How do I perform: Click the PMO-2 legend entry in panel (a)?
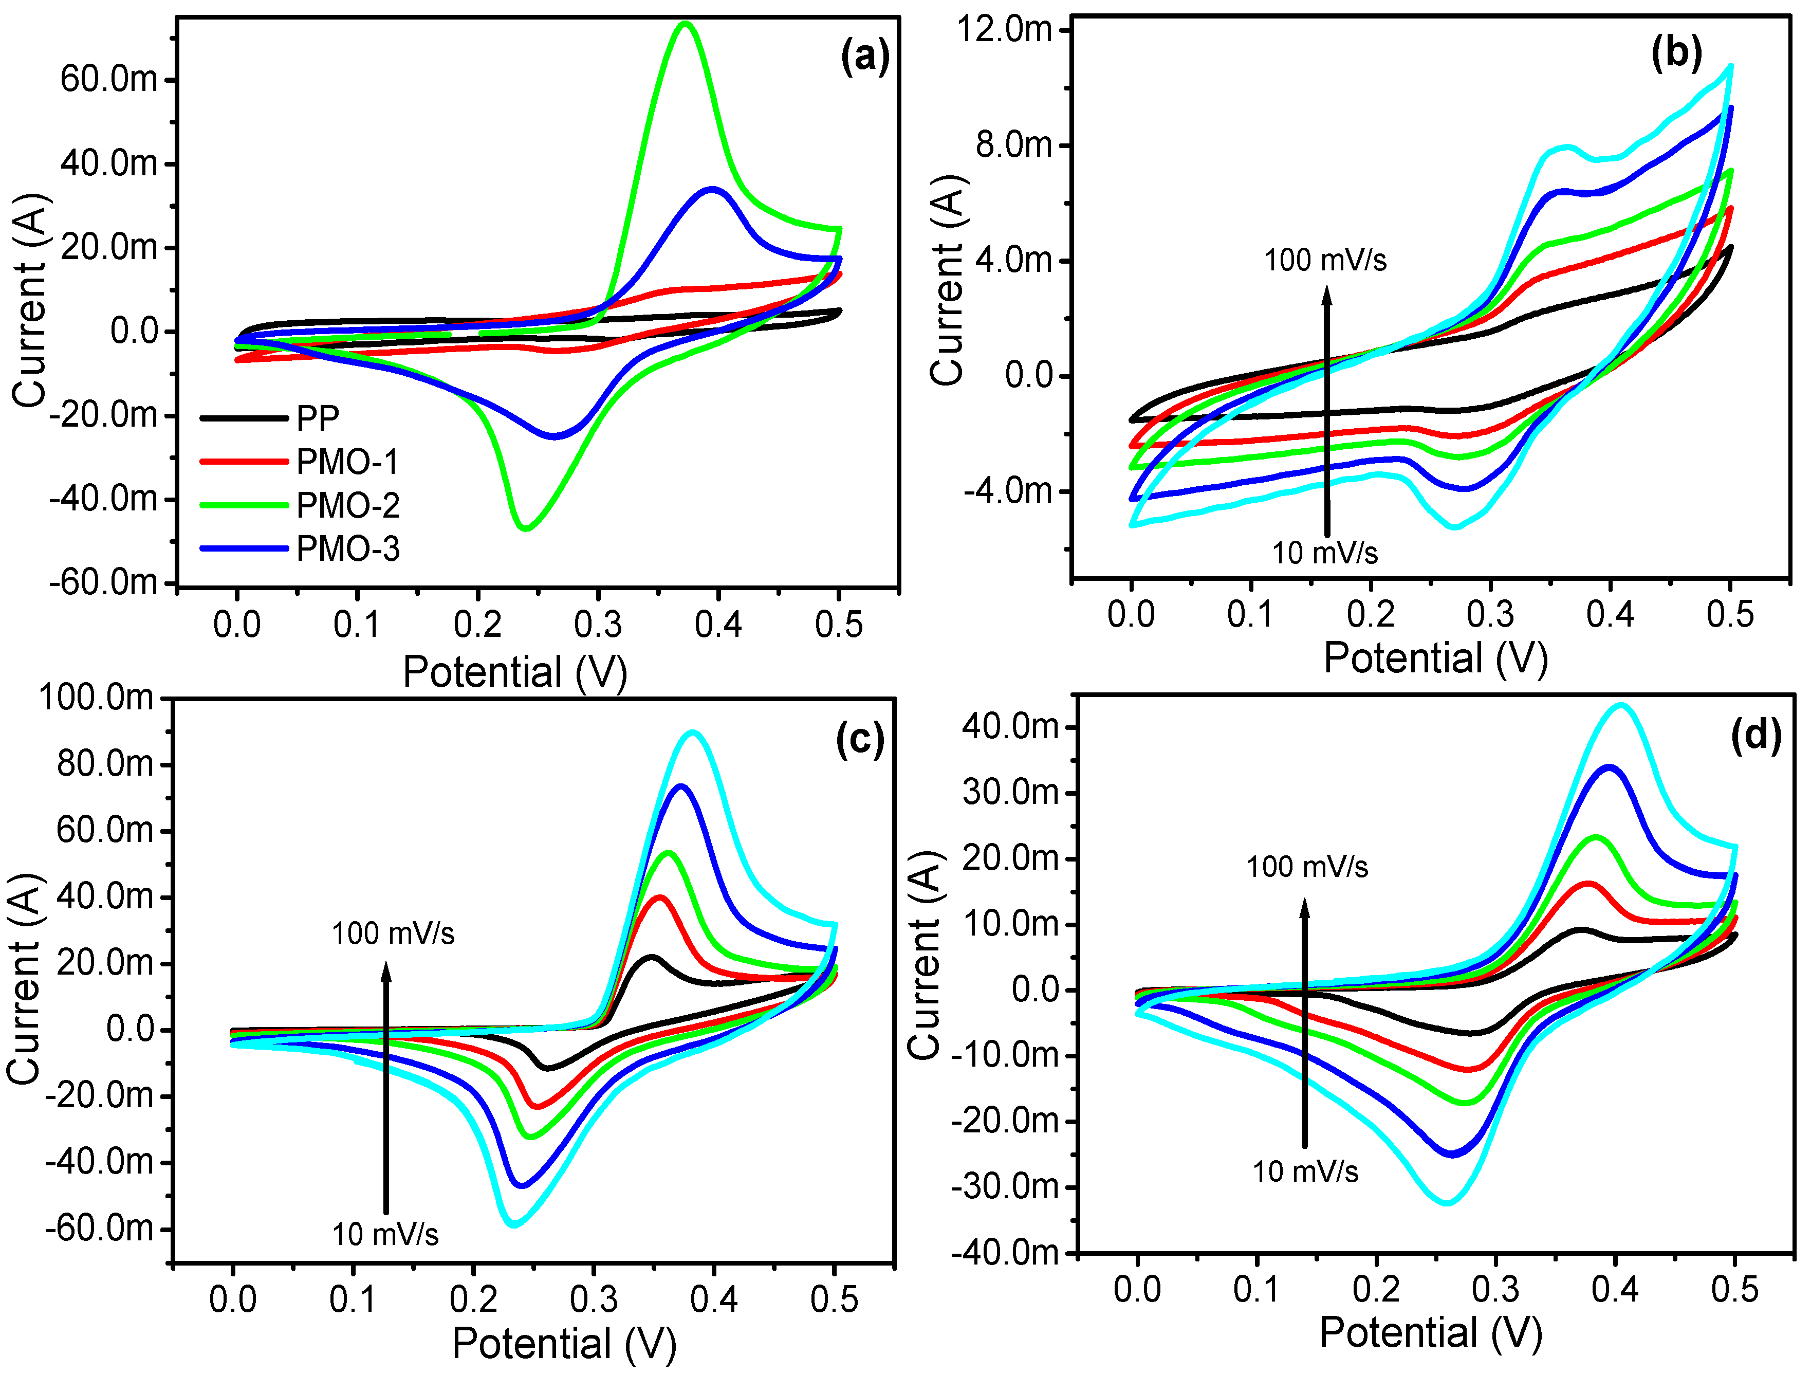tap(347, 506)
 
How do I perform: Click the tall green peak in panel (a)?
tap(685, 25)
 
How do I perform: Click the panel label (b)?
tap(1676, 54)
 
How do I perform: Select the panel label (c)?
tap(860, 739)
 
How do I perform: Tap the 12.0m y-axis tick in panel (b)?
tap(1004, 30)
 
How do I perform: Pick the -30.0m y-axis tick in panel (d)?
tap(1005, 1186)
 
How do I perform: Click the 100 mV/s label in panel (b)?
tap(1325, 261)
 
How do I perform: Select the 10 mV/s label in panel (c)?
tap(385, 1234)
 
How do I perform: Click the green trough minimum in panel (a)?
tap(525, 528)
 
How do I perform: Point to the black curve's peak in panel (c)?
tap(652, 957)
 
